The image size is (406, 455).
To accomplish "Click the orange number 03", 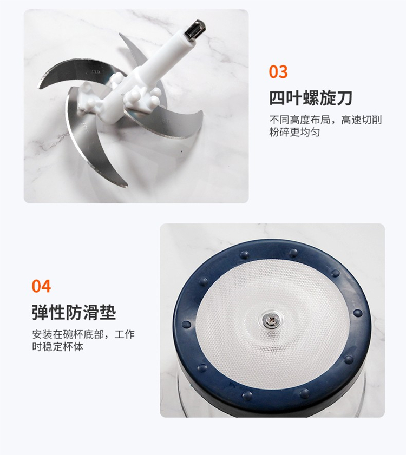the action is (278, 71).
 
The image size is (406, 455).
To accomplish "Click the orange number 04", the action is (41, 286).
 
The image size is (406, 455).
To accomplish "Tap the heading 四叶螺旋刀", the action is (310, 98).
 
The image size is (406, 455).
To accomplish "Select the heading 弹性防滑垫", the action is (74, 312).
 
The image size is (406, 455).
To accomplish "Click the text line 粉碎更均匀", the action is (294, 132).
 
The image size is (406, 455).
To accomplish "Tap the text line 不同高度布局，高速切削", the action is (325, 120).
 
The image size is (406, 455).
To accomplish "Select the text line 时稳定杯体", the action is (57, 346).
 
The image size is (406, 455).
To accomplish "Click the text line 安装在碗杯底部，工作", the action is (83, 334).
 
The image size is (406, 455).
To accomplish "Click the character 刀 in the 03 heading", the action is (344, 98).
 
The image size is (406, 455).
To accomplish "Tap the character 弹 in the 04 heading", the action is (40, 313).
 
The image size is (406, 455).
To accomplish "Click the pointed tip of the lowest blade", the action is (127, 187).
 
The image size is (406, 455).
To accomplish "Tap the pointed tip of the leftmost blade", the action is (40, 87).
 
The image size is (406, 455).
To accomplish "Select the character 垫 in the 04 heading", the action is (108, 313).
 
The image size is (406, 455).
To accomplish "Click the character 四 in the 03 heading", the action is (277, 98).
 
